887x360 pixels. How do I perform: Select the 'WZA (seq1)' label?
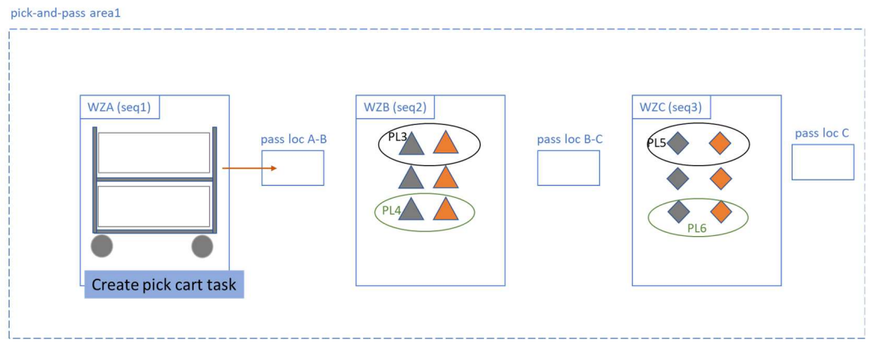click(116, 106)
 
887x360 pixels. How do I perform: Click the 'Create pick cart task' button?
click(164, 285)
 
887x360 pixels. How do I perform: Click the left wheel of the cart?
click(102, 246)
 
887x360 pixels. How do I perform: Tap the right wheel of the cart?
click(203, 246)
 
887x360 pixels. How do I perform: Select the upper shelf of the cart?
click(154, 153)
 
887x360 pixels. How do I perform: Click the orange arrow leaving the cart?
click(249, 168)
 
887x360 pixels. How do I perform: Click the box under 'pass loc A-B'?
click(292, 168)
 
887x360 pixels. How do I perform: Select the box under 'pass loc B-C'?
click(568, 168)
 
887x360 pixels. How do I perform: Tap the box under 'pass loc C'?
click(823, 162)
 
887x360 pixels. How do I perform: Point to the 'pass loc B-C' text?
click(570, 139)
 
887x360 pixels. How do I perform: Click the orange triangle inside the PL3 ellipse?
click(446, 143)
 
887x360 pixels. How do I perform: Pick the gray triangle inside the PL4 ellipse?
click(410, 210)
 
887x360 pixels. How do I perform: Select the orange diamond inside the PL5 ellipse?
click(720, 143)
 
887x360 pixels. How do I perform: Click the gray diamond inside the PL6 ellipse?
click(678, 211)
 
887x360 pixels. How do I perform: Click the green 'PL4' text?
click(392, 211)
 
